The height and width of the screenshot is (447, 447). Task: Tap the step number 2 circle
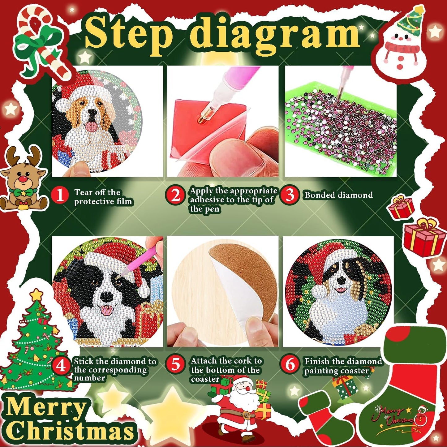point(175,195)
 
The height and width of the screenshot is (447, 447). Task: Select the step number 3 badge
point(290,195)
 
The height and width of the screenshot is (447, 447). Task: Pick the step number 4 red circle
point(61,366)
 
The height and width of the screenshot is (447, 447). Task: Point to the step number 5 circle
point(176,364)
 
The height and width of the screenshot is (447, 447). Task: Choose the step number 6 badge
point(290,364)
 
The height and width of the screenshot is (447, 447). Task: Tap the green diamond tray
point(340,130)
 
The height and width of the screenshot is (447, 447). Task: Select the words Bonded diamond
point(338,195)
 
